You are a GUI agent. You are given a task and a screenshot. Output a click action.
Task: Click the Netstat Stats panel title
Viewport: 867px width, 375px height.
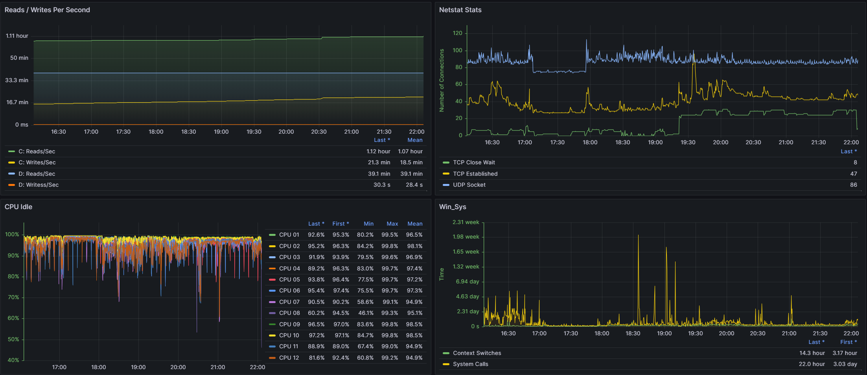(460, 10)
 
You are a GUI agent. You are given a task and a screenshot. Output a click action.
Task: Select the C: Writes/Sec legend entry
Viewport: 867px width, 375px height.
(37, 162)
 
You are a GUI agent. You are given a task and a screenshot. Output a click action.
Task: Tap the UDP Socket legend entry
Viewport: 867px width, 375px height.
(469, 185)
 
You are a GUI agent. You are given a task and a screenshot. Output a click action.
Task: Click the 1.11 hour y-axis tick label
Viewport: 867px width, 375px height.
(17, 36)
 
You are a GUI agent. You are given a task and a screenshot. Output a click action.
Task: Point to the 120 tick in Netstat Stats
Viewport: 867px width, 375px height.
(457, 33)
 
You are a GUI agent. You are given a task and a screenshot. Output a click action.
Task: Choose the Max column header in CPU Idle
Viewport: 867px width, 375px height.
(392, 224)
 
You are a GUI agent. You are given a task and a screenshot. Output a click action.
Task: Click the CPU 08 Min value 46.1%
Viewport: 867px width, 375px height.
(365, 313)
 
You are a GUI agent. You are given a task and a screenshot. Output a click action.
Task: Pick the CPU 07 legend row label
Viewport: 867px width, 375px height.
(289, 302)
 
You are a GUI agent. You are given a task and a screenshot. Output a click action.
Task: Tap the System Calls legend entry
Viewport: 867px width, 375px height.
(471, 364)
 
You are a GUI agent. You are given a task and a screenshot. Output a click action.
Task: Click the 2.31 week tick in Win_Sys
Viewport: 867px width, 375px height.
(466, 222)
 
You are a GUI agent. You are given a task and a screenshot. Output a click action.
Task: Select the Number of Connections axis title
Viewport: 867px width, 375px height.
(442, 80)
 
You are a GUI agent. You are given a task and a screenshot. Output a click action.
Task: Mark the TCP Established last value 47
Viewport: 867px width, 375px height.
(854, 174)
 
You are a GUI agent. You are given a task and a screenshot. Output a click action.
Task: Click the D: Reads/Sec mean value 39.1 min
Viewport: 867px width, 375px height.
(411, 174)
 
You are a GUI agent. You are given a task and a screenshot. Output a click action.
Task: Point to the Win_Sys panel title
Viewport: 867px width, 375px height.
(453, 207)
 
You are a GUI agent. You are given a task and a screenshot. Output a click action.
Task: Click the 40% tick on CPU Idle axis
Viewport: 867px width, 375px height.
(13, 360)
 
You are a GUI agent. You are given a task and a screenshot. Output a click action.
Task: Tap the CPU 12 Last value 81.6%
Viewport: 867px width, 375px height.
(316, 358)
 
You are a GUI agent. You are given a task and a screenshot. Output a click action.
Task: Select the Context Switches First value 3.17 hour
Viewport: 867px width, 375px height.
(845, 353)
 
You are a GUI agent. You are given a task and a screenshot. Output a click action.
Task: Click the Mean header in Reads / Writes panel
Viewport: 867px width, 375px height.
(415, 140)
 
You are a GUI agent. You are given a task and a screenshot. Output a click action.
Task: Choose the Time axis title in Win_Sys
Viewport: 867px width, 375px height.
(442, 274)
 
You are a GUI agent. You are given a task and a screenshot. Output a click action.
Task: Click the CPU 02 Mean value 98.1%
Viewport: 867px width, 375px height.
(414, 246)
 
